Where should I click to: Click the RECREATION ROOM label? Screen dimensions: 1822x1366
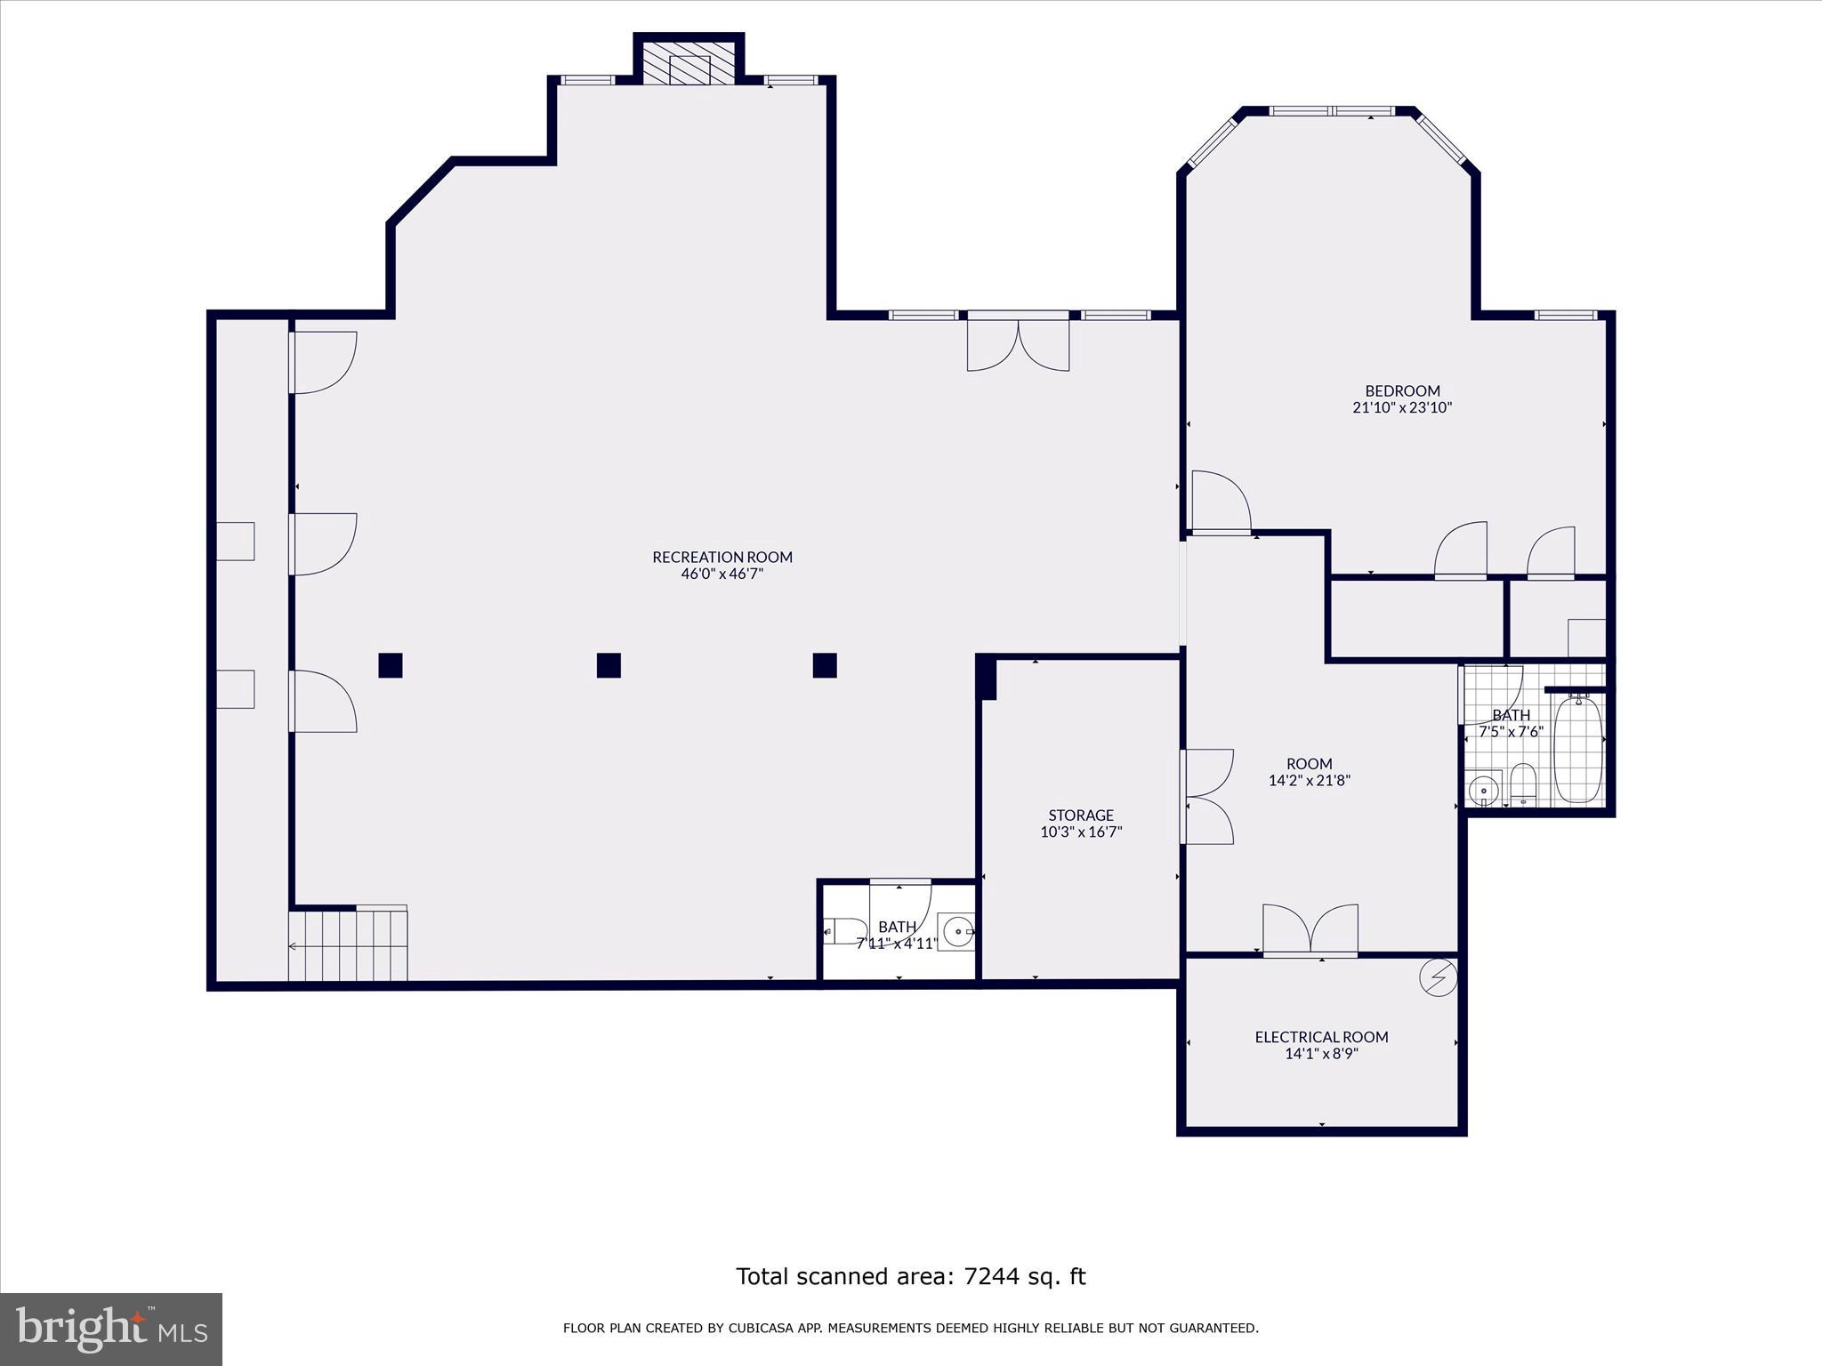722,558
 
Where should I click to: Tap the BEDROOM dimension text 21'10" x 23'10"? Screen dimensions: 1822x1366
1402,408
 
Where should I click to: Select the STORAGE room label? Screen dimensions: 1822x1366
1081,816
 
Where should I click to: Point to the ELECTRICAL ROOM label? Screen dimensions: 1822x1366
1321,1037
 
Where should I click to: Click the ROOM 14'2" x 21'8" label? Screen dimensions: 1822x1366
1310,772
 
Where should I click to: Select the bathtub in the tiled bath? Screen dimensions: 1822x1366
1578,749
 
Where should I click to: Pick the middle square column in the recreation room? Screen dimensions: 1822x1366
609,665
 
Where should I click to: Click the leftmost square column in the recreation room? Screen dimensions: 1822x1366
391,665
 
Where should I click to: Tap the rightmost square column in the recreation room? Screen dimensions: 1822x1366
825,665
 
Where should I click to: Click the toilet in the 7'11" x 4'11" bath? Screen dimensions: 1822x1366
844,931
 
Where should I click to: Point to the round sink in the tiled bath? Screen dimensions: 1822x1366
1483,789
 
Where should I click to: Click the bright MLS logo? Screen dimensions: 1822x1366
111,1330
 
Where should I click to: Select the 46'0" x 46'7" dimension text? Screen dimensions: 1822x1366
722,575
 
